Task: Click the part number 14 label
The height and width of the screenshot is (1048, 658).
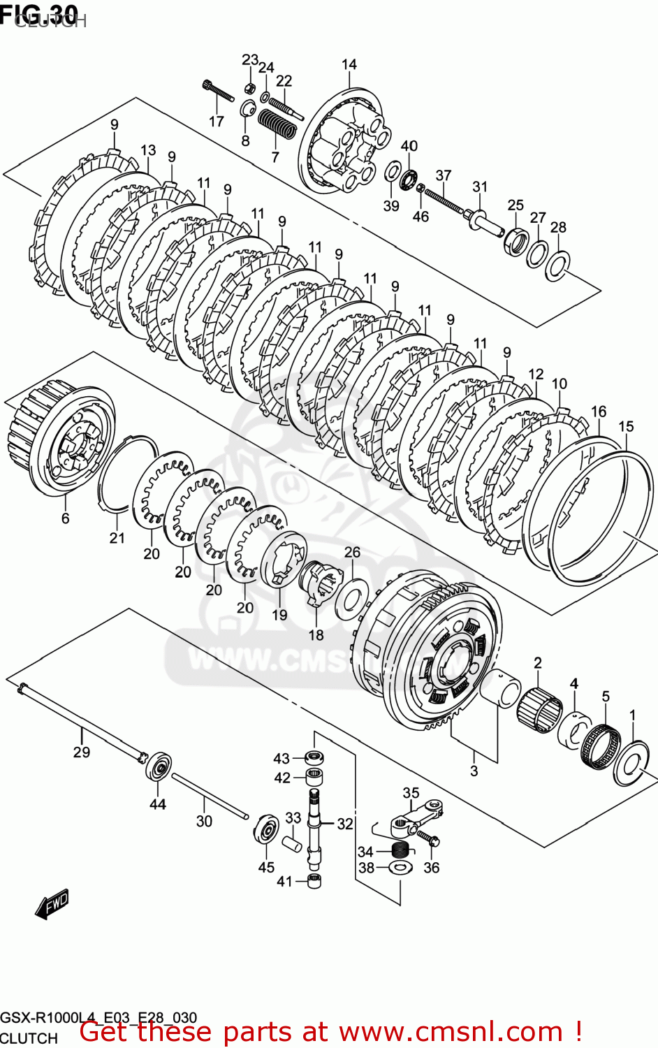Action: [x=349, y=64]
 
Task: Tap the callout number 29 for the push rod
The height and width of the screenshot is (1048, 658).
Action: [x=82, y=752]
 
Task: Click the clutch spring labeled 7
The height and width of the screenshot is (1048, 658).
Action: [x=277, y=126]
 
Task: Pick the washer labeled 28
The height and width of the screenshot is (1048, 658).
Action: [x=557, y=265]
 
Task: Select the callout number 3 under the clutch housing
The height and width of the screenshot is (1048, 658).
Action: [x=474, y=771]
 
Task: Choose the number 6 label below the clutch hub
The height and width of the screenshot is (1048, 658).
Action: [x=66, y=518]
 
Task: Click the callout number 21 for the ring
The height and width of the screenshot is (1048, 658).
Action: [x=117, y=537]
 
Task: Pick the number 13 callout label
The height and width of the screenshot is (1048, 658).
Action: [x=148, y=150]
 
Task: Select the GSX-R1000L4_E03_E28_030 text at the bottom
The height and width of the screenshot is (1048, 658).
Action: [x=98, y=1017]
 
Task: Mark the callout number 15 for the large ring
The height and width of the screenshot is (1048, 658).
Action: [x=626, y=426]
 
